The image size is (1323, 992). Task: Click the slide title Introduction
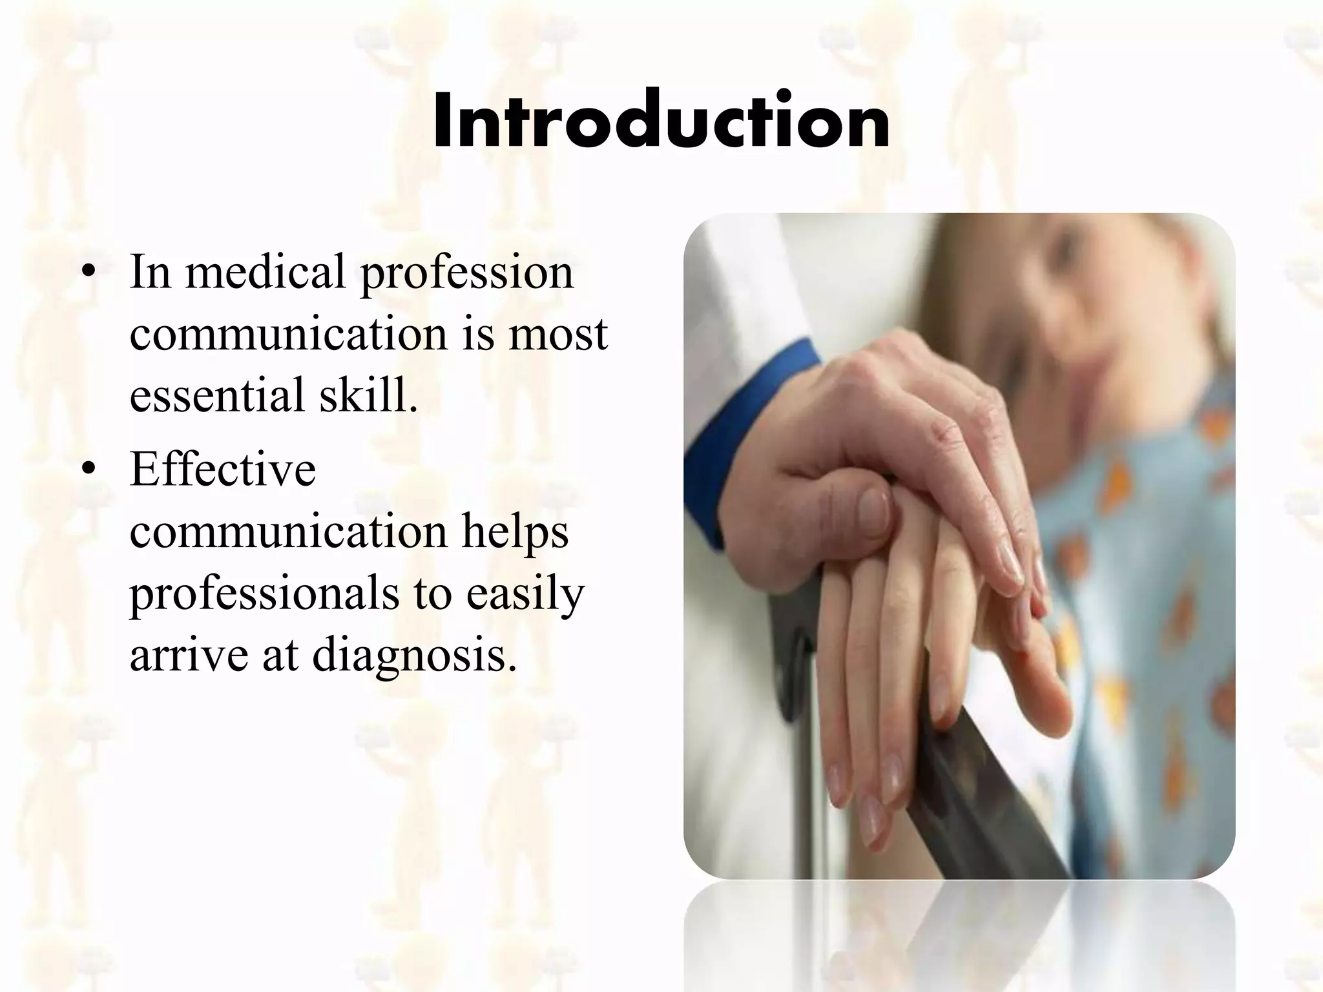pyautogui.click(x=661, y=121)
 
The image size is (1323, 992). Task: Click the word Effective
pyautogui.click(x=223, y=469)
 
